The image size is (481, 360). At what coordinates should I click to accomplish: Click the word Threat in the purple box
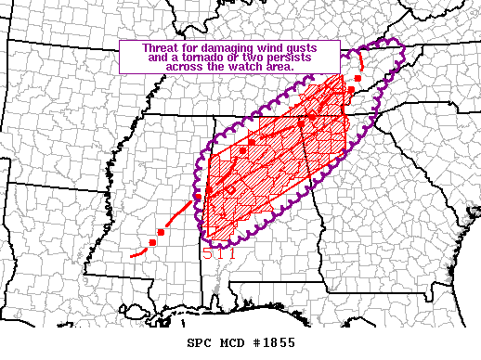click(x=160, y=47)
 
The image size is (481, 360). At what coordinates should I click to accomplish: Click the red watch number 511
click(x=219, y=251)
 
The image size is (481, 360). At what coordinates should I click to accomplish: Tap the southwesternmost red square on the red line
click(x=152, y=243)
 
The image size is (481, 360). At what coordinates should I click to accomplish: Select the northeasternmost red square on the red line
click(x=357, y=78)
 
